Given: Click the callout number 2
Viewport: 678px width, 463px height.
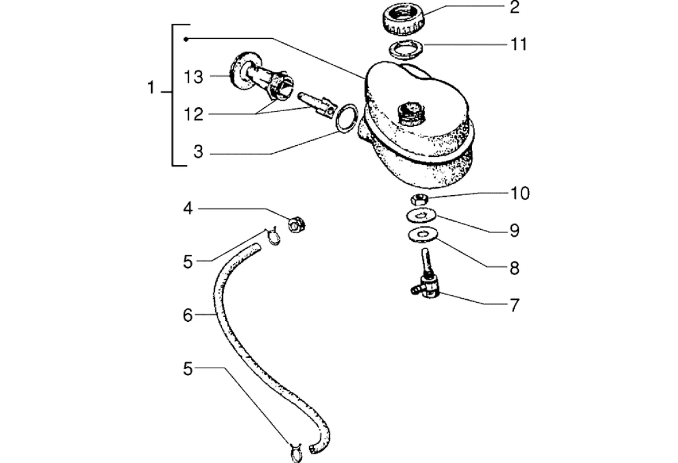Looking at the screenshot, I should click(515, 8).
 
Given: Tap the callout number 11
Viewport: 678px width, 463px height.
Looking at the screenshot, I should click(518, 44).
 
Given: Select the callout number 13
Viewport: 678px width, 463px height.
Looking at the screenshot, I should click(194, 78).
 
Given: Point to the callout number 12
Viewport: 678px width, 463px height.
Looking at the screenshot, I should click(194, 115).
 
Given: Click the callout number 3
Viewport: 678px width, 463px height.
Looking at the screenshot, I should click(198, 153).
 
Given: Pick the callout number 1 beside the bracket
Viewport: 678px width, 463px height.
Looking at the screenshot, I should click(152, 90).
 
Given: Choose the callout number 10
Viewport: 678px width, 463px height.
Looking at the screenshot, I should click(520, 193).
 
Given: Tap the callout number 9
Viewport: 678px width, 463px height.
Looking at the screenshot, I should click(515, 231).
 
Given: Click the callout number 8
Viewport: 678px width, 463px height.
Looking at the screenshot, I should click(515, 268).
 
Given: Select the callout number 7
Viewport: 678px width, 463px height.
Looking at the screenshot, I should click(515, 305).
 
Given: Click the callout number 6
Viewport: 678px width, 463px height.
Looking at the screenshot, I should click(187, 315).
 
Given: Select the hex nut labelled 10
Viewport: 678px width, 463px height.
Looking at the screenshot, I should click(420, 200).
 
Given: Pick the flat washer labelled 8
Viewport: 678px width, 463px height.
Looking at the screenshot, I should click(422, 235).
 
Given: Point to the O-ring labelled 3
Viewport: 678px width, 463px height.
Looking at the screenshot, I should click(345, 118).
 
